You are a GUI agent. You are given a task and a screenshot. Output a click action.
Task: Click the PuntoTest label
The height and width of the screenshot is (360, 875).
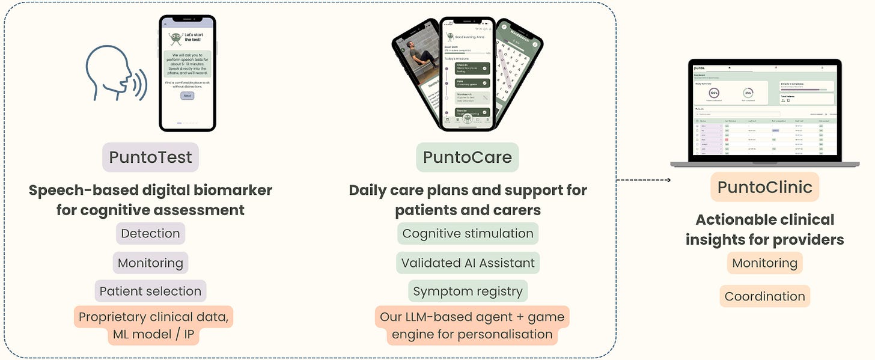coord(150,157)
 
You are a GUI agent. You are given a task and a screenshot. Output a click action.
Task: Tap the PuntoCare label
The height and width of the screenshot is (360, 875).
coord(468,157)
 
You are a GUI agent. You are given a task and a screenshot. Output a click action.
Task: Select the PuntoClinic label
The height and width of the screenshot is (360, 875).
coord(764,187)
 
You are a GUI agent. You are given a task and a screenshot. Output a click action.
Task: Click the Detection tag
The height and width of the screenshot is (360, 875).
coord(150,233)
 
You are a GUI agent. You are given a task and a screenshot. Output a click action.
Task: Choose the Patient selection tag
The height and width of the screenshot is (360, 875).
coord(150,291)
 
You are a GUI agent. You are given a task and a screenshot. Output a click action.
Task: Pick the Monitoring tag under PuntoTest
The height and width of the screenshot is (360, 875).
coord(150,263)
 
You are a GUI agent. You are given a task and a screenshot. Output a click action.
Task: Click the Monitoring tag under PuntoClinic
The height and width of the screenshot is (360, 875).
coord(764,263)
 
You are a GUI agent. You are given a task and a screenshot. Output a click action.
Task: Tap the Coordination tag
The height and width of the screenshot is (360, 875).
coord(764,296)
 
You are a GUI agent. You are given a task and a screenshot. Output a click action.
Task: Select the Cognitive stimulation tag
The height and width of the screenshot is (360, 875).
coord(468,233)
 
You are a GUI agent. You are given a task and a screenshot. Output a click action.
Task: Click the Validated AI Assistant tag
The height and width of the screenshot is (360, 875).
coord(468,263)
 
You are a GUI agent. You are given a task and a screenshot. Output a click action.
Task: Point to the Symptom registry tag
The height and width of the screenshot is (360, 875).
coord(468,291)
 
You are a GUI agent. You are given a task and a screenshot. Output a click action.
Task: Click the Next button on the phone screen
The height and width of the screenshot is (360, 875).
coord(187,96)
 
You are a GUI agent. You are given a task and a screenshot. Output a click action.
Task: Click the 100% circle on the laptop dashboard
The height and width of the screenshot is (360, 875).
coord(715,93)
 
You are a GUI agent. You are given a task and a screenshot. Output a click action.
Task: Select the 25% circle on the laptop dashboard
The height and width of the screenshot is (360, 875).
coord(748,93)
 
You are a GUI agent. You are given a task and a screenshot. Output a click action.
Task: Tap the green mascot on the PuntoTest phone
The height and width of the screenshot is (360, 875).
coord(175,38)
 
